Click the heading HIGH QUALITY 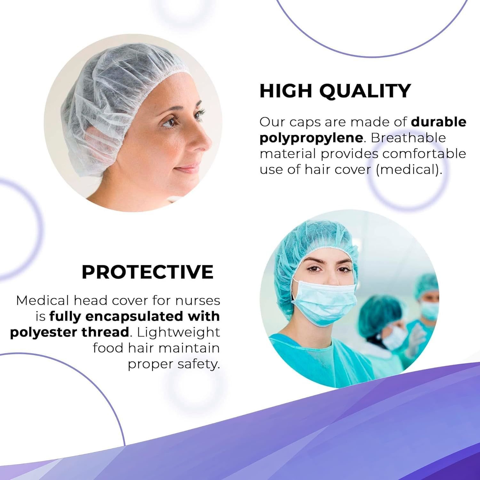click(x=335, y=91)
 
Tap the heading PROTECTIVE click(x=148, y=272)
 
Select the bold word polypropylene click(x=311, y=138)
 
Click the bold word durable click(x=438, y=122)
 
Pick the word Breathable click(x=408, y=138)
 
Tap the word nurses click(x=198, y=301)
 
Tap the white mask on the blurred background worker click(x=395, y=337)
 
